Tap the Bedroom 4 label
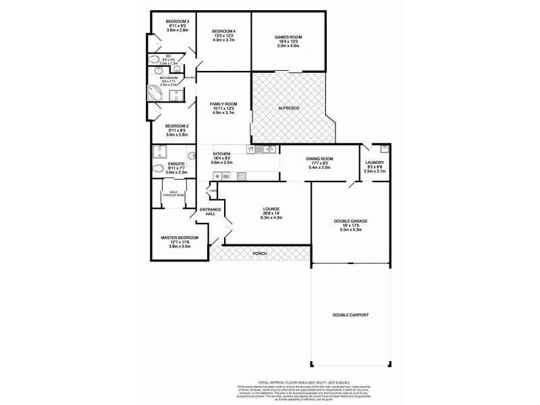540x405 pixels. pyautogui.click(x=223, y=32)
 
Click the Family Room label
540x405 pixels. pyautogui.click(x=222, y=104)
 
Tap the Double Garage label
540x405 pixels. pyautogui.click(x=350, y=221)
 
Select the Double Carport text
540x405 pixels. pyautogui.click(x=350, y=315)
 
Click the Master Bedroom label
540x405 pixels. pyautogui.click(x=180, y=238)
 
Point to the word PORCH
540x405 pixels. pyautogui.click(x=259, y=253)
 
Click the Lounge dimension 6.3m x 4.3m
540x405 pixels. pyautogui.click(x=272, y=216)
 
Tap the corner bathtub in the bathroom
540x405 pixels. pyautogui.click(x=155, y=92)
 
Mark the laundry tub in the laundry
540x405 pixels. pyautogui.click(x=383, y=148)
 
